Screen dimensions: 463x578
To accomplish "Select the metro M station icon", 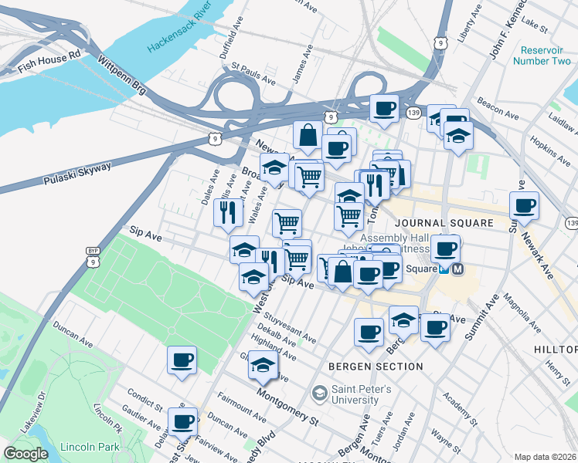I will pyautogui.click(x=458, y=269).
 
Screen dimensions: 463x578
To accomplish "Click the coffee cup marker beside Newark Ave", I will pyautogui.click(x=524, y=207).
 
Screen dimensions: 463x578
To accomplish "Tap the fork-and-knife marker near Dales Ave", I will pyautogui.click(x=228, y=212).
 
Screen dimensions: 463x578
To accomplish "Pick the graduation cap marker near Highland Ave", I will pyautogui.click(x=263, y=365).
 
